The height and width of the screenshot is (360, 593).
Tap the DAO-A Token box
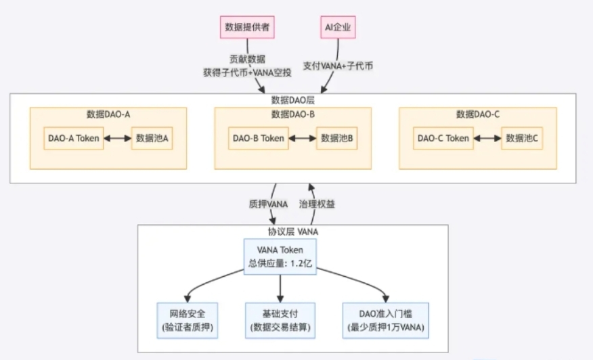pos(74,138)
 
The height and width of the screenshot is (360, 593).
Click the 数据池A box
pos(152,138)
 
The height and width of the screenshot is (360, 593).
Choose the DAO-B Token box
pos(259,138)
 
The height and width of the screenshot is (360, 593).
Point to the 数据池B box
pos(336,138)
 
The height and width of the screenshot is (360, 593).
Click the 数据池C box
pos(521,138)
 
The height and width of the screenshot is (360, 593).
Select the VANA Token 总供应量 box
pos(280,256)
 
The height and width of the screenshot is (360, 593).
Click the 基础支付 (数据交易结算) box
pos(280,320)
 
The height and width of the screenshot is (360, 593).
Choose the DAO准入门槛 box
pos(385,320)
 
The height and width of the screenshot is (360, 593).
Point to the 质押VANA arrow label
pos(268,204)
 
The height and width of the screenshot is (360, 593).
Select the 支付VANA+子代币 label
pos(338,67)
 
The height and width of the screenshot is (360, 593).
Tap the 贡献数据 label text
pos(247,60)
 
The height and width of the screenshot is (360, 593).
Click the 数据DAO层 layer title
pos(293,99)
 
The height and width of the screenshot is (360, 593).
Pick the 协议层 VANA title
pos(293,231)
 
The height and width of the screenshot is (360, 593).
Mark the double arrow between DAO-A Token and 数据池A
pos(117,139)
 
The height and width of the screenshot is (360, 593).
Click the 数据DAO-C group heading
pos(477,114)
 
